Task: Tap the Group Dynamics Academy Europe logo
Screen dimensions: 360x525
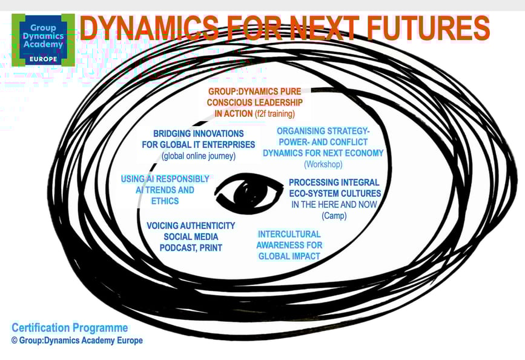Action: point(42,40)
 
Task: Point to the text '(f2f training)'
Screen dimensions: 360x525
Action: point(274,114)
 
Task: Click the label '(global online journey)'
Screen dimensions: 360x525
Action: point(198,156)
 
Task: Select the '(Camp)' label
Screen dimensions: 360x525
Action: point(334,215)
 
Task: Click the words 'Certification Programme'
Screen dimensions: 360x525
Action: point(70,328)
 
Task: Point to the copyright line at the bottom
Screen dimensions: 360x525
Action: point(77,341)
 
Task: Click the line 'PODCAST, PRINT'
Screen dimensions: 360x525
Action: point(191,247)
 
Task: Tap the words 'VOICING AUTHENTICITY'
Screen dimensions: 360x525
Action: point(191,225)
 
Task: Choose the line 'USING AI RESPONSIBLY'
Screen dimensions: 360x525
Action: point(165,179)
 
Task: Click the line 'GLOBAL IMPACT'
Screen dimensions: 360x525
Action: point(289,256)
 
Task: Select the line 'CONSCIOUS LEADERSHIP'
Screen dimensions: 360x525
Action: point(254,102)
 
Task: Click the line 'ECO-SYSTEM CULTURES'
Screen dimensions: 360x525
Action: point(334,193)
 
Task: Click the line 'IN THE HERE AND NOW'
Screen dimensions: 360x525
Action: point(334,204)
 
